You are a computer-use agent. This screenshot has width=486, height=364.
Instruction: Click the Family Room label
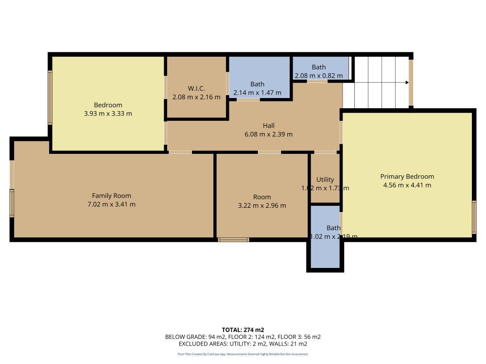tap(112, 196)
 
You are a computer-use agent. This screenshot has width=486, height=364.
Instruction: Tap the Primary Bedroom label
tap(407, 176)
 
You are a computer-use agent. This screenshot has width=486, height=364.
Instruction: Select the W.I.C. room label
tap(196, 88)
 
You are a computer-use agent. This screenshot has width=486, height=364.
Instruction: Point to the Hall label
tap(269, 126)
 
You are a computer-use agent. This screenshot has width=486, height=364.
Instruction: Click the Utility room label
tap(325, 180)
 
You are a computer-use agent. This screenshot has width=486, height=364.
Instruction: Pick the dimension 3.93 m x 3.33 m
tap(108, 114)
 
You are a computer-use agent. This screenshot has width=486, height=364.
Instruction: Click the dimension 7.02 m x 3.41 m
tap(112, 204)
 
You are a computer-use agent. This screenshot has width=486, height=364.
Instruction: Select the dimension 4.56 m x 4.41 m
tap(407, 185)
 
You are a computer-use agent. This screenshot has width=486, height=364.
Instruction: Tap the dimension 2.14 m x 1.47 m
tap(257, 93)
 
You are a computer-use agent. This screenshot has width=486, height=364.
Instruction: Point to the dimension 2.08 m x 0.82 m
tap(318, 76)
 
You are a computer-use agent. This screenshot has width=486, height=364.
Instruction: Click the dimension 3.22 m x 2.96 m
tap(262, 205)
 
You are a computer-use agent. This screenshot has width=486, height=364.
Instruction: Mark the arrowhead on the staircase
tap(406, 83)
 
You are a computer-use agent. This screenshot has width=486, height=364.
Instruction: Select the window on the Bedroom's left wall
tap(50, 97)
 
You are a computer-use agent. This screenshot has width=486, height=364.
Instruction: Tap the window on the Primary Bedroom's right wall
tap(474, 217)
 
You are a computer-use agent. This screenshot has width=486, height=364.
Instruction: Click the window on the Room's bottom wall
tap(233, 239)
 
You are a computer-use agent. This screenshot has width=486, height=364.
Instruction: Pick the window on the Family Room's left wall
tap(12, 203)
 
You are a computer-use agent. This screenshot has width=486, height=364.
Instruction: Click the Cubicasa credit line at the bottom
tap(243, 354)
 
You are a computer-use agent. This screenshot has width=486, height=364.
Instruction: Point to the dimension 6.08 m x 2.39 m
tap(269, 134)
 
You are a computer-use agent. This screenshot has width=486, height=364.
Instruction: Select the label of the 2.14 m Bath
tap(257, 84)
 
